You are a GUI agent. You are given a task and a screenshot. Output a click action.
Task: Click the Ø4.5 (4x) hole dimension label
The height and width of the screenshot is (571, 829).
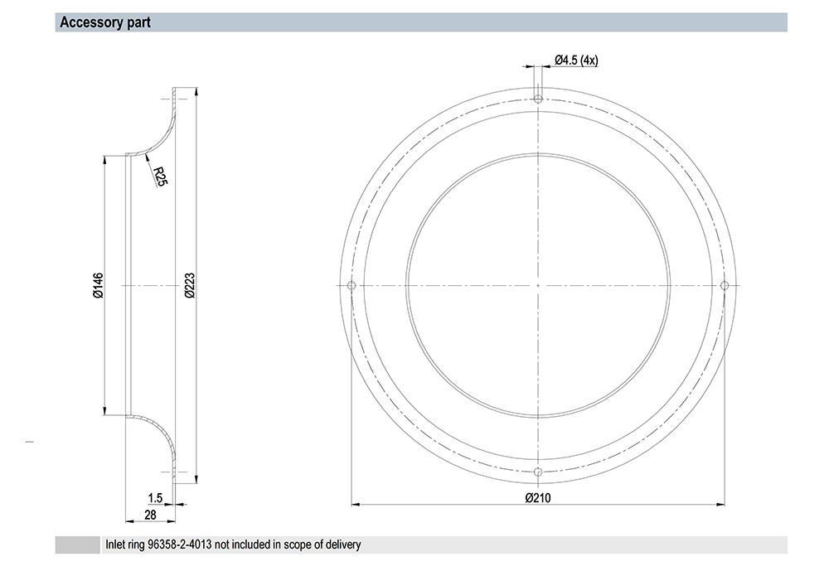pyautogui.click(x=576, y=60)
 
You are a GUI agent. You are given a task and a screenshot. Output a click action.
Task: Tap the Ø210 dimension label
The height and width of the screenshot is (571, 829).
pyautogui.click(x=538, y=497)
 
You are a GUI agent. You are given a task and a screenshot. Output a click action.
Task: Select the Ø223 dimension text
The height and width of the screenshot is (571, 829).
pyautogui.click(x=191, y=285)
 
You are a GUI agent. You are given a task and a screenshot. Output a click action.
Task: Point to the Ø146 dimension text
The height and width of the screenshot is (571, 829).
pyautogui.click(x=99, y=285)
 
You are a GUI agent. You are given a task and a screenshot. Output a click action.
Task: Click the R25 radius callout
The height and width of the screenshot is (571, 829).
pyautogui.click(x=160, y=176)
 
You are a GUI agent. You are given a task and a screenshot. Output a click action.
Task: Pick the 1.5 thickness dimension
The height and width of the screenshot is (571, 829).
pyautogui.click(x=155, y=498)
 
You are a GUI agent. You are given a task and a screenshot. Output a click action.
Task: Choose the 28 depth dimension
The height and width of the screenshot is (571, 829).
pyautogui.click(x=150, y=515)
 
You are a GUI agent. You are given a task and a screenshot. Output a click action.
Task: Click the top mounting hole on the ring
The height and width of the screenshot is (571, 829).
pyautogui.click(x=538, y=99)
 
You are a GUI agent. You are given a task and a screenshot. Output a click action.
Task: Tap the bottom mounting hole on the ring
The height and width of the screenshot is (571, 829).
pyautogui.click(x=538, y=472)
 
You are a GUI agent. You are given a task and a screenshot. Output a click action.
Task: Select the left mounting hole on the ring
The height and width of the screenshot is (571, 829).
pyautogui.click(x=351, y=285)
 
